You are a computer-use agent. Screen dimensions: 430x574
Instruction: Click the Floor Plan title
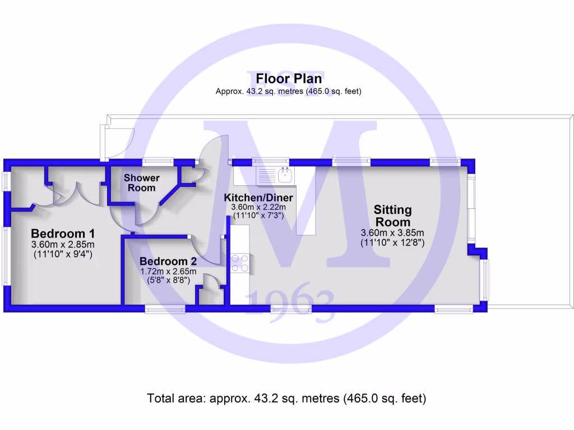click(289, 78)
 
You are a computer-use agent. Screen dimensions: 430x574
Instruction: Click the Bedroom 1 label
click(63, 233)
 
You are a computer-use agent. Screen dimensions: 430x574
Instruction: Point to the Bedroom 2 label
click(168, 261)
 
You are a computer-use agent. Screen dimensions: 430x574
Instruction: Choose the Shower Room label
click(142, 183)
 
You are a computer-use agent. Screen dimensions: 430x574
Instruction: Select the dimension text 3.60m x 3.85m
click(392, 233)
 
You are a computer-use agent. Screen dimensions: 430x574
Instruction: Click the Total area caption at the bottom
click(286, 399)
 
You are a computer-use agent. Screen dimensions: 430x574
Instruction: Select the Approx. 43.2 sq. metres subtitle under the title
click(288, 91)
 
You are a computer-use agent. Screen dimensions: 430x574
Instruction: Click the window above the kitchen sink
click(271, 162)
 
